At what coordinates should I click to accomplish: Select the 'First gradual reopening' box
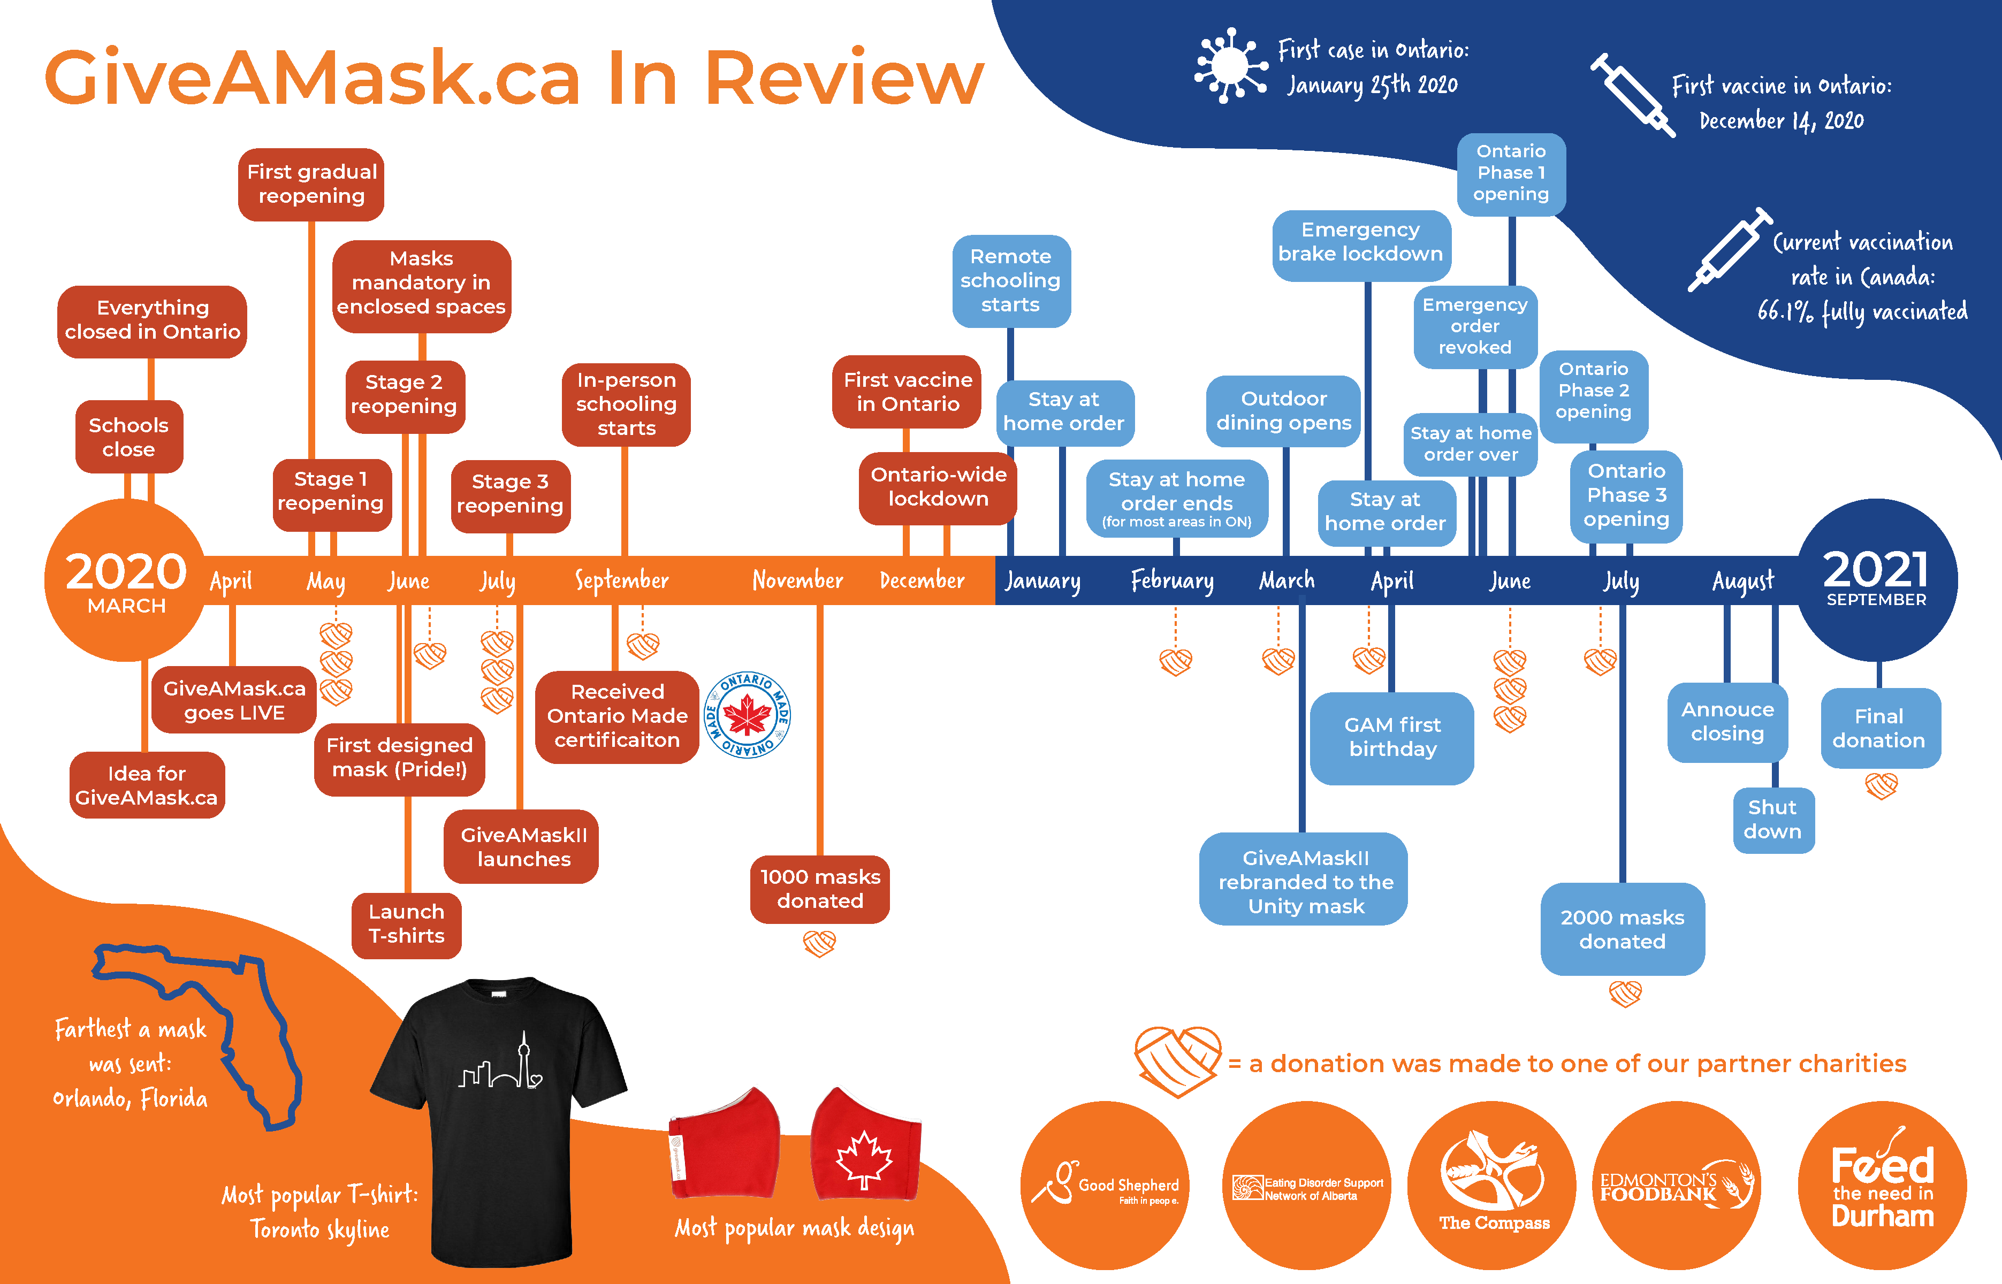pyautogui.click(x=312, y=184)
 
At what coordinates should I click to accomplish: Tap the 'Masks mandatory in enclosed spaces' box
pyautogui.click(x=421, y=282)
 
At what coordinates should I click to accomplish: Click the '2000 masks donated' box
pyautogui.click(x=1622, y=929)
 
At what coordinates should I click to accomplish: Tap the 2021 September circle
pyautogui.click(x=1876, y=579)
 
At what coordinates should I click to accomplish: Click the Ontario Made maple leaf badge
pyautogui.click(x=747, y=715)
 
